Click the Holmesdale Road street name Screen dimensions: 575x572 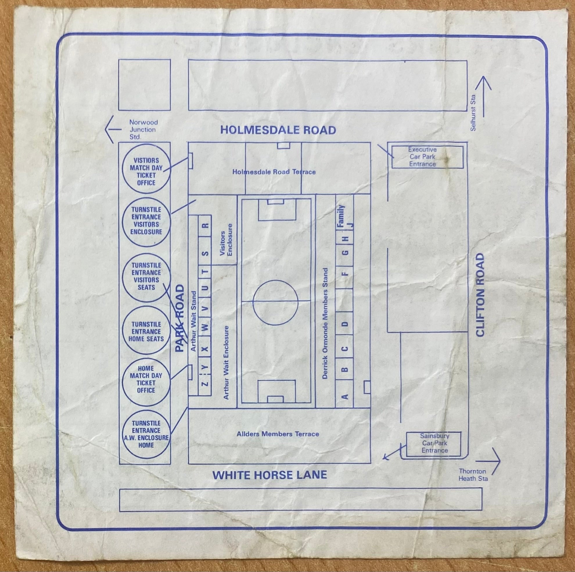point(278,130)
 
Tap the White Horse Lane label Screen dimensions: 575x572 point(270,475)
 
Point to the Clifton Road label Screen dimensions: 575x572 point(480,295)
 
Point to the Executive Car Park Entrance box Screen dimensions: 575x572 point(427,157)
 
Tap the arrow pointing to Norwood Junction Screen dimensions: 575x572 point(113,129)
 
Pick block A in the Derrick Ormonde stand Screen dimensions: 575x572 point(344,396)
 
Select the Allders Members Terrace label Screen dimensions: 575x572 point(278,434)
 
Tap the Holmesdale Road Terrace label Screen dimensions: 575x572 point(274,172)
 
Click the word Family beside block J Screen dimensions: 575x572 point(341,216)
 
